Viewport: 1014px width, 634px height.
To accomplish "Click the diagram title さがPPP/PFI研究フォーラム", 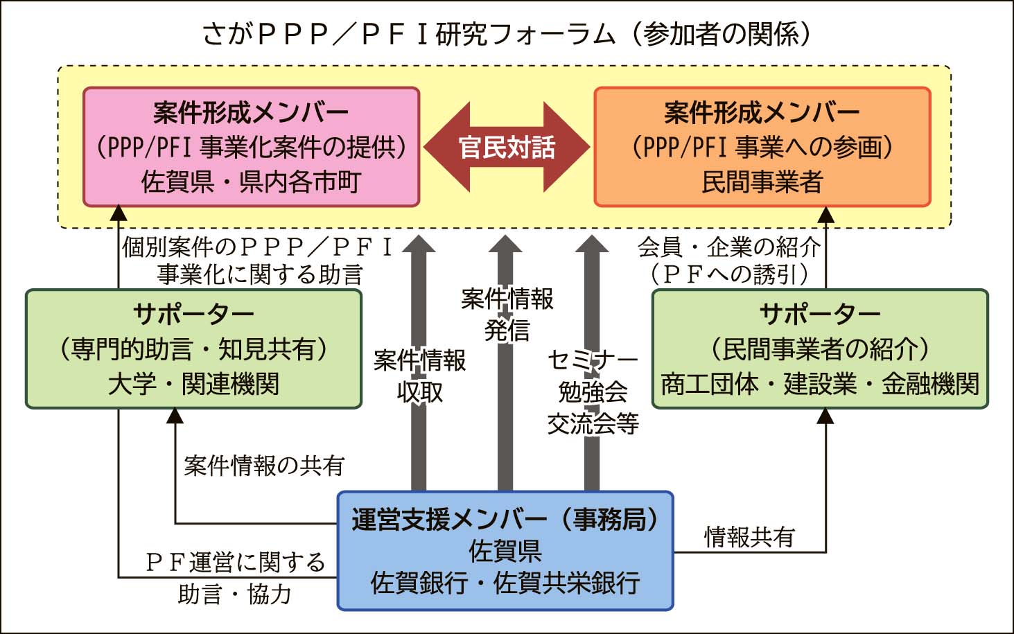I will (x=506, y=34).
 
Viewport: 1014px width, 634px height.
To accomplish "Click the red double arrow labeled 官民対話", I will (x=507, y=147).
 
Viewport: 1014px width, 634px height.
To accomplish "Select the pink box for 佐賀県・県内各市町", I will (x=251, y=147).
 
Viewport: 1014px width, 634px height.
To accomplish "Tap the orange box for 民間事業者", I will (x=762, y=147).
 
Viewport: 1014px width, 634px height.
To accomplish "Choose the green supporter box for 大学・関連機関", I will (x=193, y=349).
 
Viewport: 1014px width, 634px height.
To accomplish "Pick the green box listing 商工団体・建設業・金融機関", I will (x=820, y=349).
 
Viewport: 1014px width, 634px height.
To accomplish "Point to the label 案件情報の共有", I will (x=264, y=466).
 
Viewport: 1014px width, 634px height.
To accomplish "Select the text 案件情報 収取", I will (x=419, y=376).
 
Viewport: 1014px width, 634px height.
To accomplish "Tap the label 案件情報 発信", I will (x=507, y=314).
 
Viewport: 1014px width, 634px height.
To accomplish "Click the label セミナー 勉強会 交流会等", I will (x=593, y=391).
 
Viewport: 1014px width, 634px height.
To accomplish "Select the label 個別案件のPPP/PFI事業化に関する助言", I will (x=259, y=261).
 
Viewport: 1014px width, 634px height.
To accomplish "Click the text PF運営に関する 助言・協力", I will (x=235, y=577).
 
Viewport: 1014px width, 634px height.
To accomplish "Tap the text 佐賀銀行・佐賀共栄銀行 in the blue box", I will (x=505, y=583).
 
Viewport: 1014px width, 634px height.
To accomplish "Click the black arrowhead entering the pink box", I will (x=119, y=213).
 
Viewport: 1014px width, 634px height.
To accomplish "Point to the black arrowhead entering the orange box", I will (x=825, y=214).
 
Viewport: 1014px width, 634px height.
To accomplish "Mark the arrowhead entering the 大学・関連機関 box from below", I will (x=175, y=416).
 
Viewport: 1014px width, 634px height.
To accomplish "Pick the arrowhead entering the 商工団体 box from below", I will (x=825, y=416).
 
